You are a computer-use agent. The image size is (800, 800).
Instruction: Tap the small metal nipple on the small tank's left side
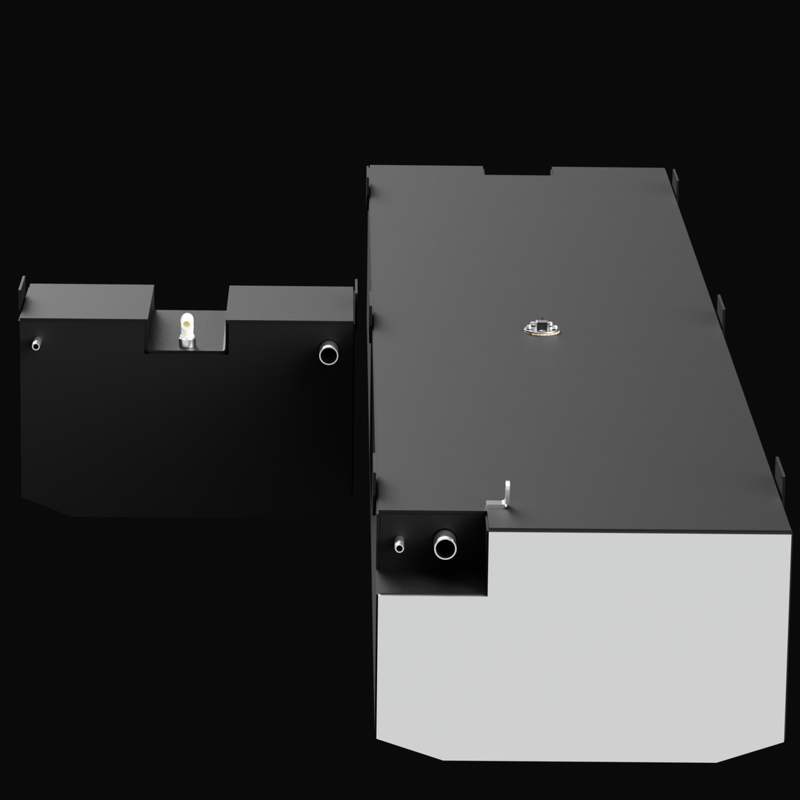click(x=36, y=344)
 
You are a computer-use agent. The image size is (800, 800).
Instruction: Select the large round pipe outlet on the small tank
click(x=328, y=353)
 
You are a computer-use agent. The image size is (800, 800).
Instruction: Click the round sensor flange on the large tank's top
click(x=541, y=327)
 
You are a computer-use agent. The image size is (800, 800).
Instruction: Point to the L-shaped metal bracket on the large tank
click(x=504, y=494)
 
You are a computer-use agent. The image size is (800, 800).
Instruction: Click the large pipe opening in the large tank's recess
click(x=445, y=547)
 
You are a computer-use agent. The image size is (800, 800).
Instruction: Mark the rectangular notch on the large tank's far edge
click(x=517, y=171)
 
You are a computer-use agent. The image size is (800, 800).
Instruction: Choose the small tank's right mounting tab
click(x=356, y=287)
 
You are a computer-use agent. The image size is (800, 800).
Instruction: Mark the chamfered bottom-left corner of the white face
click(x=407, y=748)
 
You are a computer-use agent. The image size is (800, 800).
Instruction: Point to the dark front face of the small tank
click(x=185, y=430)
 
